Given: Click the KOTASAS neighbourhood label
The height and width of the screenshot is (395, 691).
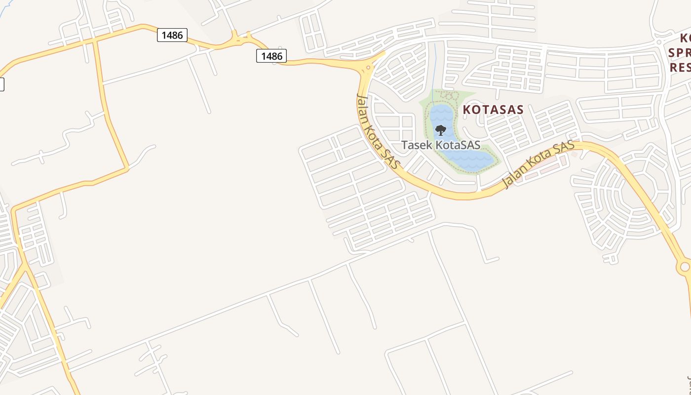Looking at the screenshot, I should tap(493, 110).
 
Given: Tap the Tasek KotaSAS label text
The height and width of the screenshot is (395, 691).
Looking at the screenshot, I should tap(441, 145).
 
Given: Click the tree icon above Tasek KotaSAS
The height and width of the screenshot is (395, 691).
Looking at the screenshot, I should tap(441, 130).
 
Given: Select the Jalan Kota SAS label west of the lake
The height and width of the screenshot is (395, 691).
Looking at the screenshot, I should tap(377, 131).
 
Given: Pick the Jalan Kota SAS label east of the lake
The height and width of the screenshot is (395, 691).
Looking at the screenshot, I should tap(538, 165).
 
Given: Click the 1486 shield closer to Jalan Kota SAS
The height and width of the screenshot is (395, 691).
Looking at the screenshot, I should tap(271, 56).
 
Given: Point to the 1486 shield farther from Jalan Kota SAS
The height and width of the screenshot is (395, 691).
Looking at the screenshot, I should tap(172, 35).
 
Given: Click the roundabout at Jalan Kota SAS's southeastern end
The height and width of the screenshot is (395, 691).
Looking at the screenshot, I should tap(684, 267).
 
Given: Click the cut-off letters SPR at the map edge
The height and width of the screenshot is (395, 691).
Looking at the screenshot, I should tap(680, 53).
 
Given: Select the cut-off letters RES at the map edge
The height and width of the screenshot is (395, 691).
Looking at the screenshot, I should tap(680, 67).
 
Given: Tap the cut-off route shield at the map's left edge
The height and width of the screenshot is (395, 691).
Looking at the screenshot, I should tap(1, 84).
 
